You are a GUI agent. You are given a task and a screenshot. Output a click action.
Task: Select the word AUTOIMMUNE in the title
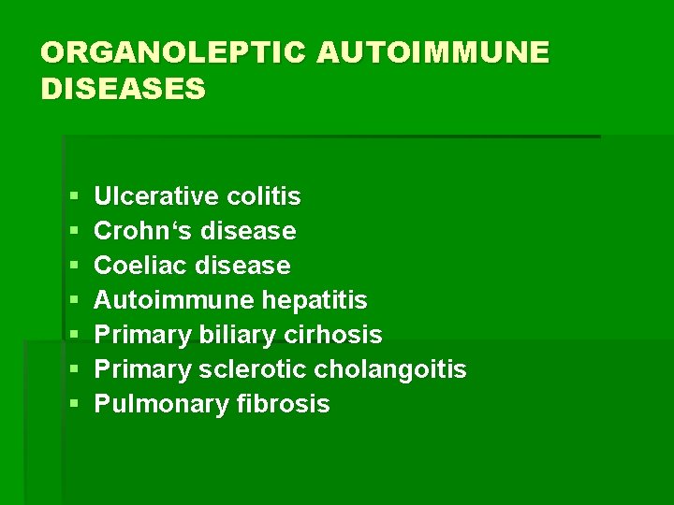[432, 52]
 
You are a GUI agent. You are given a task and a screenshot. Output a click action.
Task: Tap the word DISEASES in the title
[123, 89]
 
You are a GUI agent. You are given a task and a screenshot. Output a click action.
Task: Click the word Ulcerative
[157, 196]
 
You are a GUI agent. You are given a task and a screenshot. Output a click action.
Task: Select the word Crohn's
[144, 231]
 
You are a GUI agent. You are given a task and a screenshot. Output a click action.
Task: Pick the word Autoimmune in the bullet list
[173, 300]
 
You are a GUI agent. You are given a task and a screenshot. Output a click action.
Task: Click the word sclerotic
[253, 369]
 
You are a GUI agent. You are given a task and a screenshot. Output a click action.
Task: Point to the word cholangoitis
[390, 369]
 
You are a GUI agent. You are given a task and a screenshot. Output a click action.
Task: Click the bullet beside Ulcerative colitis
[74, 197]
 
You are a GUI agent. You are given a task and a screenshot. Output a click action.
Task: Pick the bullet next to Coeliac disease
[74, 267]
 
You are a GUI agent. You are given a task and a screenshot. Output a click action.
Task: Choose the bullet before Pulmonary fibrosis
[74, 405]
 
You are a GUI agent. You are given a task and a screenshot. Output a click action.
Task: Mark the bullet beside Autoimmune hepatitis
[74, 301]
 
